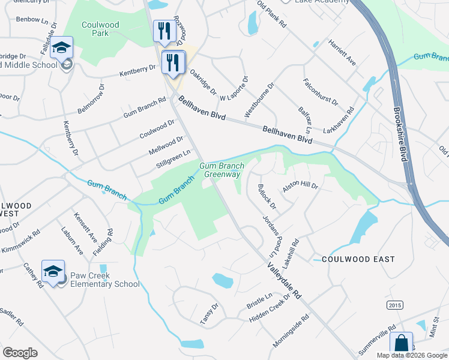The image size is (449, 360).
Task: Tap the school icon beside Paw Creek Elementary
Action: click(x=53, y=271)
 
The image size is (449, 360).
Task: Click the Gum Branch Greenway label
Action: click(x=221, y=170)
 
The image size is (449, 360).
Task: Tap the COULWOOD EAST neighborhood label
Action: click(x=358, y=259)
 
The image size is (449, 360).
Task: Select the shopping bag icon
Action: click(x=401, y=344)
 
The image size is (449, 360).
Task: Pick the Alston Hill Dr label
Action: click(x=300, y=186)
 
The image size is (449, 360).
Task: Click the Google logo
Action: click(x=20, y=352)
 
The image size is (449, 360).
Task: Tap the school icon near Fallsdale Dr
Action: click(x=61, y=47)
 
